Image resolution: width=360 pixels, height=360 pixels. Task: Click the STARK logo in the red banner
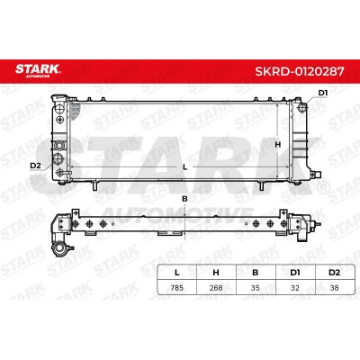(x=38, y=70)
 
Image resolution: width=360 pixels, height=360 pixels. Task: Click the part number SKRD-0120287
(x=300, y=71)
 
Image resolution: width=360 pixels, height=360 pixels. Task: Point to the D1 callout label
(x=323, y=93)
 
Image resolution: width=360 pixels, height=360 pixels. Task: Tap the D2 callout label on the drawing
(x=35, y=165)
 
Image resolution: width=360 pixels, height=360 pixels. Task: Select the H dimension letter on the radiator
(x=278, y=145)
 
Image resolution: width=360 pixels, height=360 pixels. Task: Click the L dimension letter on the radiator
(x=185, y=167)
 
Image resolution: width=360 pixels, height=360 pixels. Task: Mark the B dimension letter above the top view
(x=184, y=199)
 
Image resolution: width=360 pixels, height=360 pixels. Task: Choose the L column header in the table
(x=177, y=273)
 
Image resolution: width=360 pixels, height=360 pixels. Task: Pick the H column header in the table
(x=216, y=273)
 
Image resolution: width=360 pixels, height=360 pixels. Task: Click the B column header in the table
(x=256, y=273)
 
